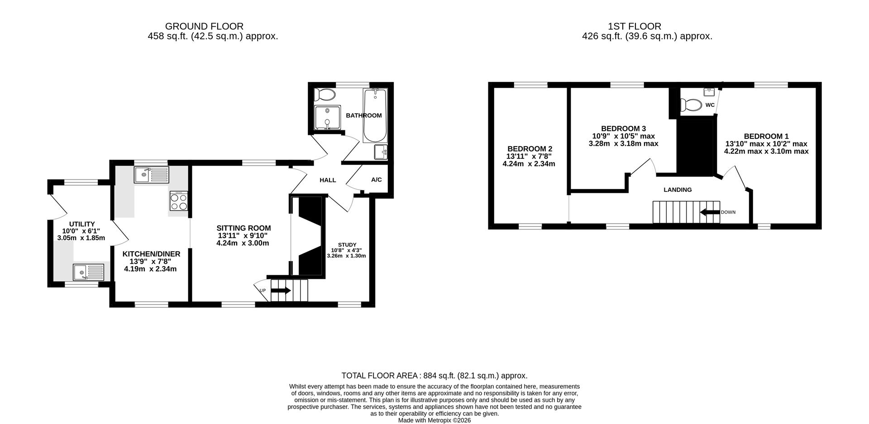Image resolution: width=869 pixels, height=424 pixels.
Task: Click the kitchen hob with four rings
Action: tap(179, 201)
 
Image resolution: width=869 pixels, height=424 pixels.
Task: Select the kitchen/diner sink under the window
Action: tap(151, 174)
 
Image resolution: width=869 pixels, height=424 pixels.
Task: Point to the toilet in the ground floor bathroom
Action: tap(325, 95)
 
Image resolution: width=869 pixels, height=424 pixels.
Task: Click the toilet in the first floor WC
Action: tap(691, 105)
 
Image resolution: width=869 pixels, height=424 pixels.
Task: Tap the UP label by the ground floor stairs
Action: tap(263, 291)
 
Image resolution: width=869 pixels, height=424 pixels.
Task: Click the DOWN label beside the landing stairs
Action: tap(728, 212)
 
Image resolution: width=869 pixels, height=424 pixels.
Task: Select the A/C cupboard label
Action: tap(377, 180)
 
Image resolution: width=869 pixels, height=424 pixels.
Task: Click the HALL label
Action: tap(328, 180)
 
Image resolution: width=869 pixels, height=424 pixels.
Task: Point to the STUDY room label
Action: tap(347, 244)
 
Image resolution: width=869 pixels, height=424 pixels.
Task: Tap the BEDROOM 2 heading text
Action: tap(530, 149)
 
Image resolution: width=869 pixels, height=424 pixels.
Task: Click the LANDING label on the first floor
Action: tap(678, 190)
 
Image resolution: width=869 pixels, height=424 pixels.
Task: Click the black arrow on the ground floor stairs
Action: tap(281, 291)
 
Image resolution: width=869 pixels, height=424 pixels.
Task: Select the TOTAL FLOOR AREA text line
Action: tap(434, 376)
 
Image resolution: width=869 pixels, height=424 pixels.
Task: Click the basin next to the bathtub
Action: tap(381, 152)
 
